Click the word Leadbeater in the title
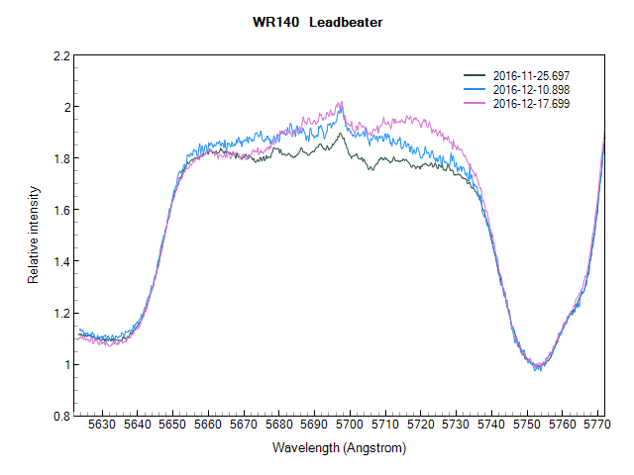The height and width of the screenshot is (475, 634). (345, 23)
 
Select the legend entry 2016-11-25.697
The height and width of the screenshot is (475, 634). (531, 75)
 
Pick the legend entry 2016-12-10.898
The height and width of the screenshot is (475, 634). (531, 89)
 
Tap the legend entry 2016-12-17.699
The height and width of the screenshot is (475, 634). (531, 103)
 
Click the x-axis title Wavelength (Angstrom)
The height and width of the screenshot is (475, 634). (339, 448)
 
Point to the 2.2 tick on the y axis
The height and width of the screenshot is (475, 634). (61, 55)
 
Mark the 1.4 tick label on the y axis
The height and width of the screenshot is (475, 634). (61, 261)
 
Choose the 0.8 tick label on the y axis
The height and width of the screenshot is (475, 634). (61, 416)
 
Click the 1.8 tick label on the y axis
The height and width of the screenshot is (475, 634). (61, 158)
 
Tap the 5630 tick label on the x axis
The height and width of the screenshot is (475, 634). (103, 426)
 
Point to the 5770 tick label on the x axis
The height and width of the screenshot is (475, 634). (595, 426)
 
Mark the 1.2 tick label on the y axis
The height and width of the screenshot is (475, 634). (61, 313)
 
